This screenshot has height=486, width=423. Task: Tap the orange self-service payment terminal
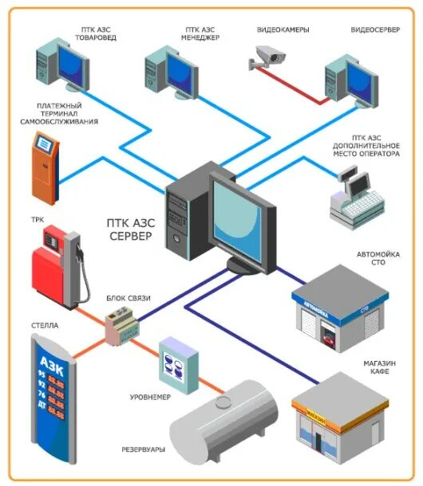(45, 167)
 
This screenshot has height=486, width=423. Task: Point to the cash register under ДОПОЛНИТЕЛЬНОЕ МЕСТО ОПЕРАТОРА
(356, 199)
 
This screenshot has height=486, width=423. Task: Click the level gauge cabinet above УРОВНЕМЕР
(178, 363)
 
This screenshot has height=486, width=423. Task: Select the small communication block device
(122, 325)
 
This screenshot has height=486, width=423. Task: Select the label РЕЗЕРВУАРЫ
(143, 449)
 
